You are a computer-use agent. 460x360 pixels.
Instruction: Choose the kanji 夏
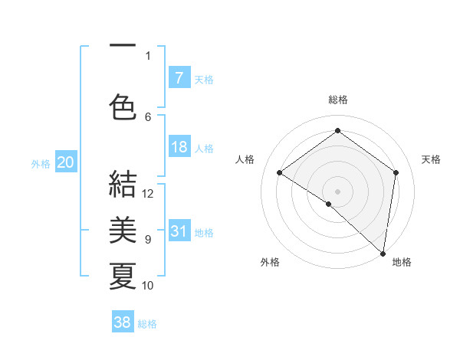tap(123, 276)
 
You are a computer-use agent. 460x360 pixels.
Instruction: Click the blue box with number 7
tap(179, 77)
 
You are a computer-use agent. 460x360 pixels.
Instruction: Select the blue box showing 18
tap(179, 147)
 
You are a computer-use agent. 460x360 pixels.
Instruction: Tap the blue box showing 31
tap(179, 231)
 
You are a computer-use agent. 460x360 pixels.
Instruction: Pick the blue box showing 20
tap(65, 162)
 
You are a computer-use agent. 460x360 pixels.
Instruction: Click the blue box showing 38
tap(123, 322)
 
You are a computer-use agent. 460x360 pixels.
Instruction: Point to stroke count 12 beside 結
tap(148, 193)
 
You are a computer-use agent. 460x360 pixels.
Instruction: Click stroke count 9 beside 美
tap(148, 240)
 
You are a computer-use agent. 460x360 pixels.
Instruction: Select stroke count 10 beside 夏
tap(148, 286)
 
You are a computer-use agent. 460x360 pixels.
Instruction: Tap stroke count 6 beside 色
tap(148, 116)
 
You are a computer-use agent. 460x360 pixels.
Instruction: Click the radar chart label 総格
tap(337, 100)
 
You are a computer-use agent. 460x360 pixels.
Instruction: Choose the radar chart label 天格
tap(431, 159)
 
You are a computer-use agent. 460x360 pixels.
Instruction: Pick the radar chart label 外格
tap(270, 262)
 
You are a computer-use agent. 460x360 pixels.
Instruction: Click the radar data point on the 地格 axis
tap(383, 252)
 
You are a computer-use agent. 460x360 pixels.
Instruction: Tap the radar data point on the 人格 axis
tap(280, 172)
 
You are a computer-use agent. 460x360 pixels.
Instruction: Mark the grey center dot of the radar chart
tap(337, 191)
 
